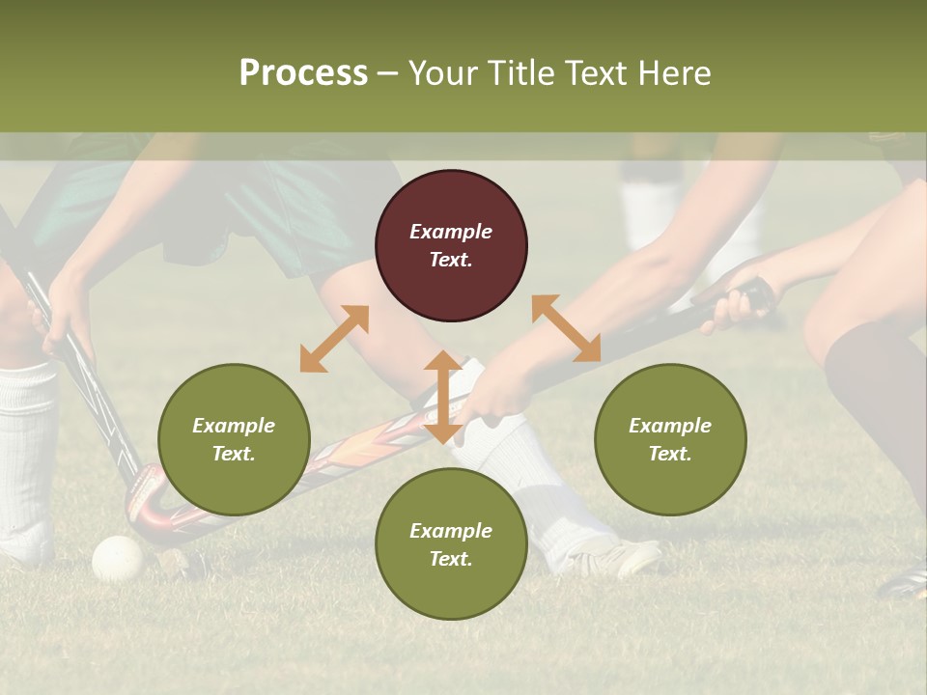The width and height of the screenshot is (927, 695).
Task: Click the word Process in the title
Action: [x=303, y=73]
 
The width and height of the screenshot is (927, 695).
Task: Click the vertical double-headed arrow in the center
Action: [x=443, y=397]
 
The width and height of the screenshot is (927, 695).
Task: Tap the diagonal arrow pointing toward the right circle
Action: [x=566, y=329]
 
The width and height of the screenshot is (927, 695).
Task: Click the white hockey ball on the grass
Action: [x=118, y=558]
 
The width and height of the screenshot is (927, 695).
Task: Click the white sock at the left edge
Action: [x=26, y=454]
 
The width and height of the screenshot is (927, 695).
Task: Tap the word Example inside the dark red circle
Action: [x=451, y=232]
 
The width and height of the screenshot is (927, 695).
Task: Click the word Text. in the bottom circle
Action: [x=451, y=559]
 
